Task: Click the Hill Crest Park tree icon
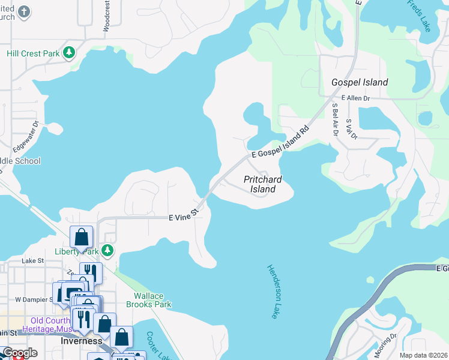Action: (x=70, y=53)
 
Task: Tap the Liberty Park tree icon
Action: (x=107, y=250)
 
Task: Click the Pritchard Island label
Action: (x=262, y=184)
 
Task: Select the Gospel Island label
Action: (x=360, y=82)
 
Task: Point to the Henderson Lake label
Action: (x=273, y=291)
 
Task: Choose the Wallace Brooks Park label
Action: (x=149, y=300)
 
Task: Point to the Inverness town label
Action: (x=81, y=341)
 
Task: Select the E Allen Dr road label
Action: (x=355, y=98)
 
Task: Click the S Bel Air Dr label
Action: (x=335, y=119)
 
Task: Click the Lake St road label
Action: (x=32, y=261)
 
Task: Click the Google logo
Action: (x=20, y=353)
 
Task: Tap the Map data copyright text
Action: (x=424, y=355)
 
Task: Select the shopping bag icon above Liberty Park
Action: (x=81, y=236)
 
